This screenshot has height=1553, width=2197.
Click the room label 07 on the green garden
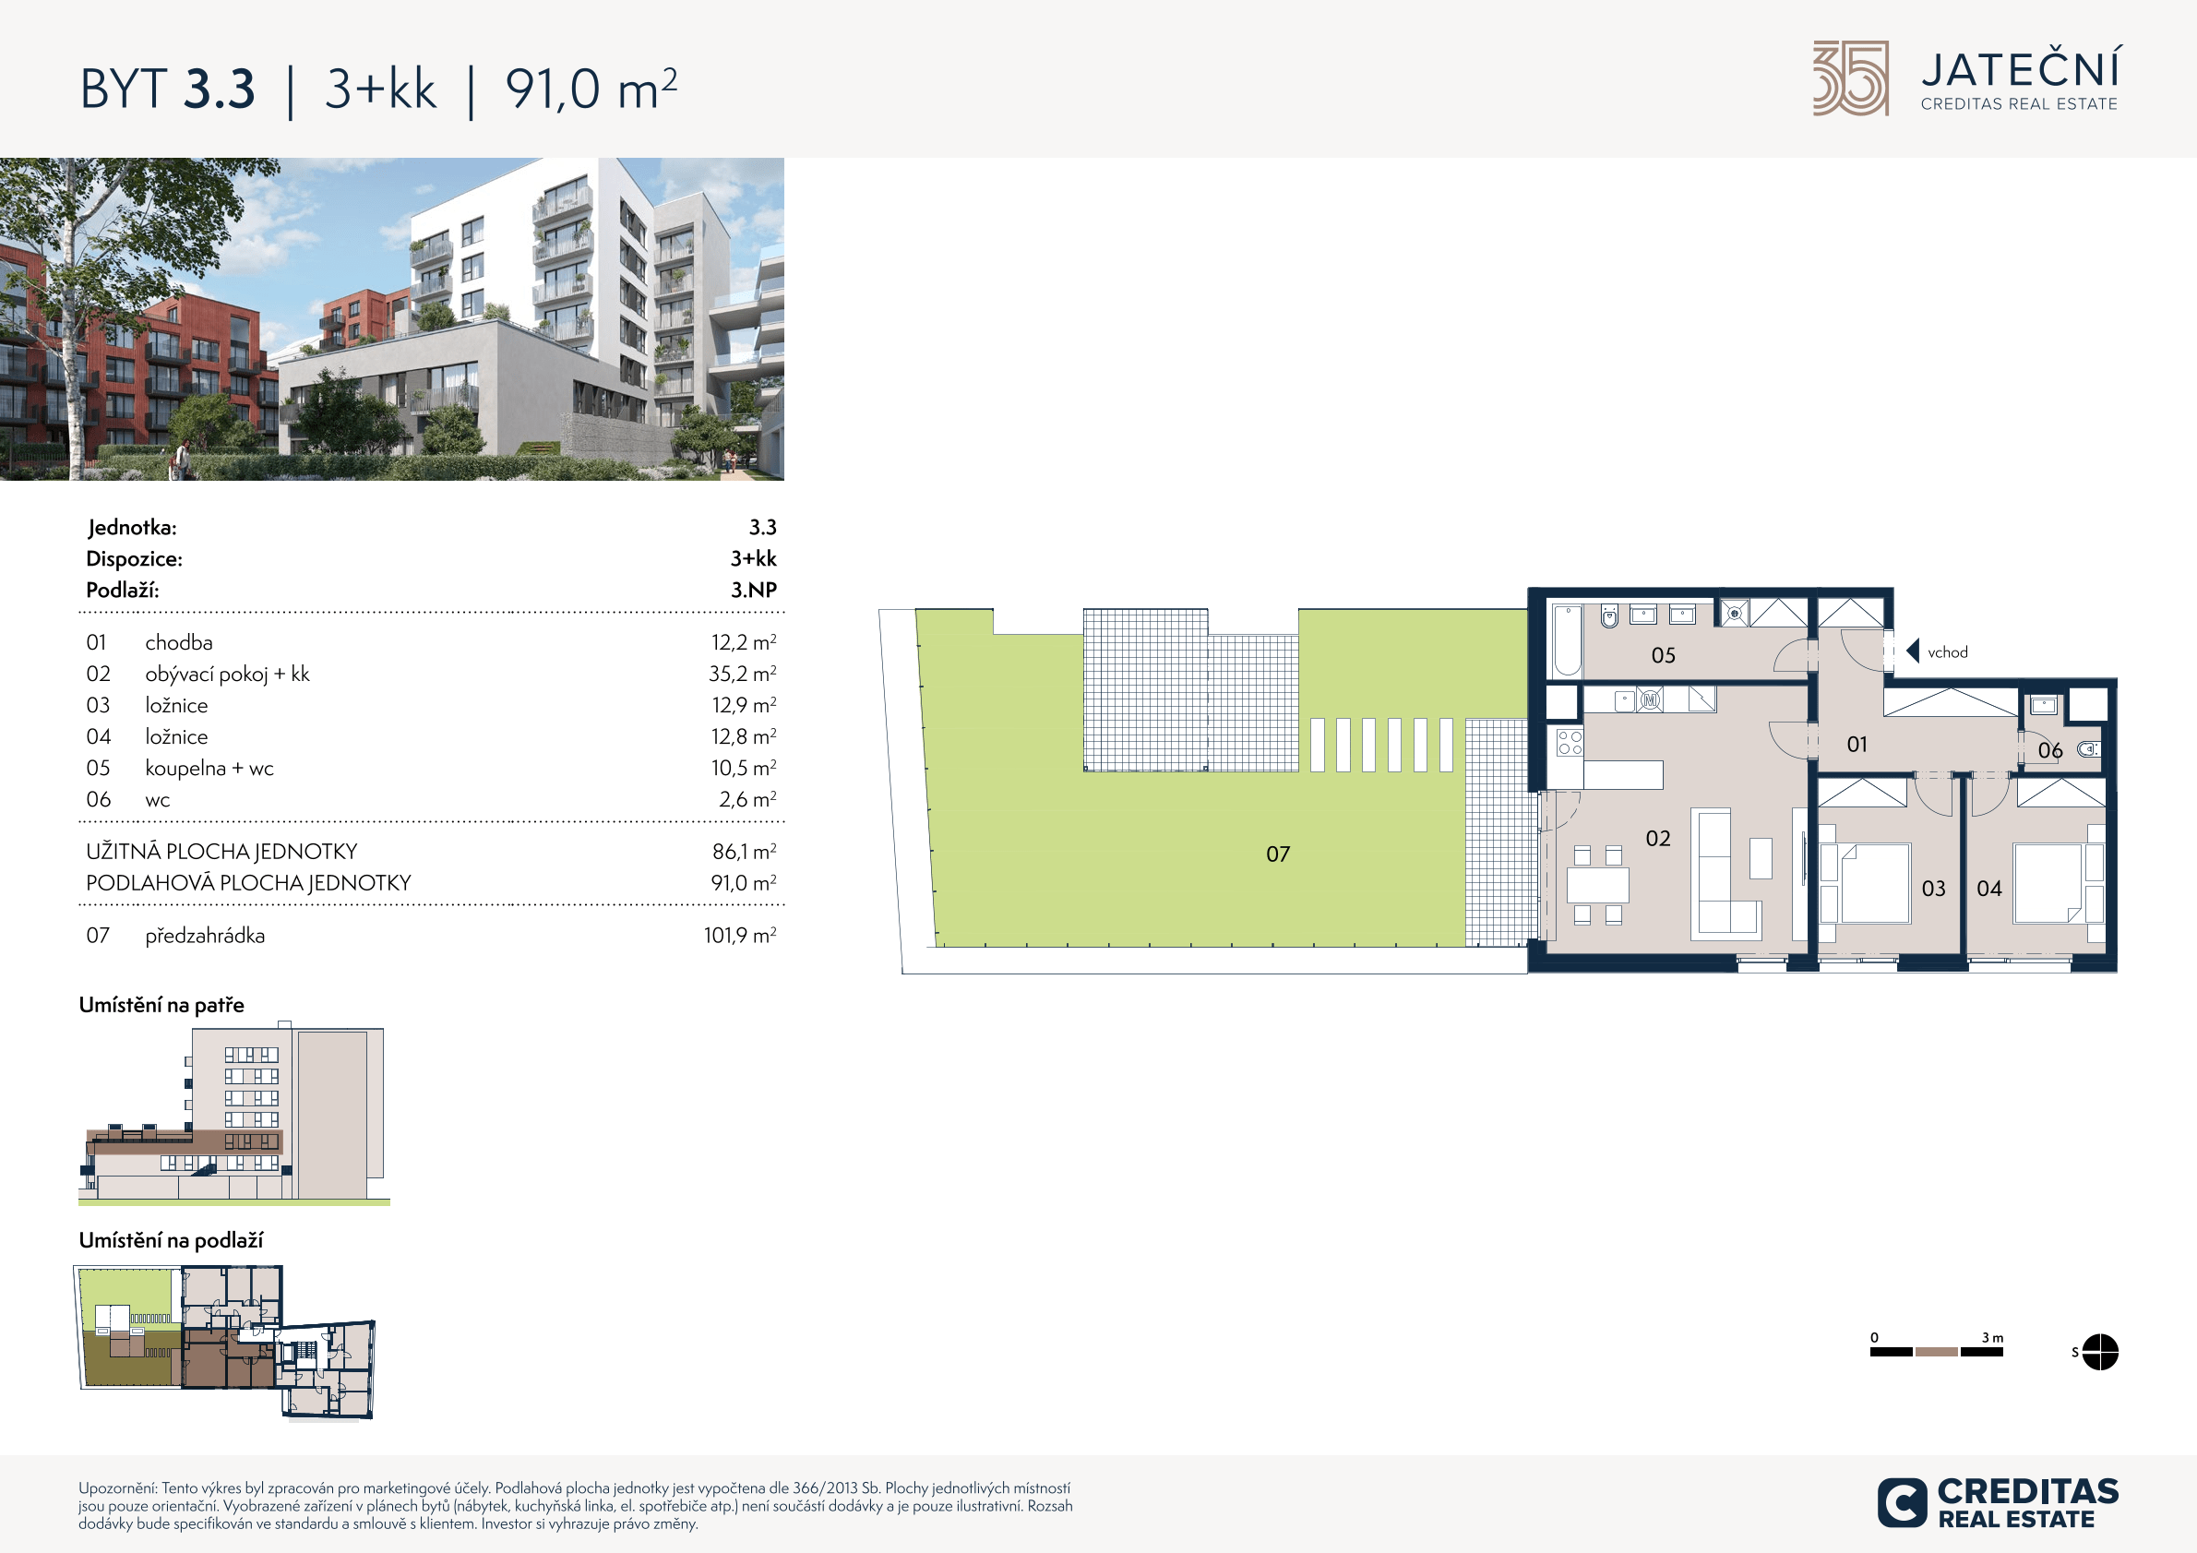click(x=1277, y=854)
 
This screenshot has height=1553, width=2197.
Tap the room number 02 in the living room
click(x=1657, y=838)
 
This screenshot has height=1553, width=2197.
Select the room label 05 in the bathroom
click(x=1663, y=655)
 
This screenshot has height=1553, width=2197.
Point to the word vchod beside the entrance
click(x=1947, y=652)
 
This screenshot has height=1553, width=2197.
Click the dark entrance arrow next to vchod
click(x=1912, y=651)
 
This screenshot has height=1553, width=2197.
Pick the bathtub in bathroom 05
click(x=1567, y=640)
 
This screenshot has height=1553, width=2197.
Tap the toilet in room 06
click(x=2088, y=749)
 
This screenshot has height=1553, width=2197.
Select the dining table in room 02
click(x=1597, y=885)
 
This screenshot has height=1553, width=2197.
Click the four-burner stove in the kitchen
click(x=1570, y=743)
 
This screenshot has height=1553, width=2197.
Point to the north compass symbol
click(x=2099, y=1352)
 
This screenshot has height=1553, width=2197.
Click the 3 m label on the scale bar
click(x=1992, y=1338)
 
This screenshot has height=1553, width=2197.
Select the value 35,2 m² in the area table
click(x=742, y=674)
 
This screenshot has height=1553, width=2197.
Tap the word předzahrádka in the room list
click(x=205, y=936)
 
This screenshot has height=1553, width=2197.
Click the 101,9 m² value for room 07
click(x=740, y=935)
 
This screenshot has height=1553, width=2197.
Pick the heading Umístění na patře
click(x=161, y=1005)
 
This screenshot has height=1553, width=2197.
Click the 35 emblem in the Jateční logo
click(x=1851, y=78)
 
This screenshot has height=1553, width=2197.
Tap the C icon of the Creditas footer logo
click(x=1902, y=1502)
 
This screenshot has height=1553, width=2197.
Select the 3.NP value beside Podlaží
click(x=753, y=590)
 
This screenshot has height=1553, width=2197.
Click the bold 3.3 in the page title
click(x=219, y=89)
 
